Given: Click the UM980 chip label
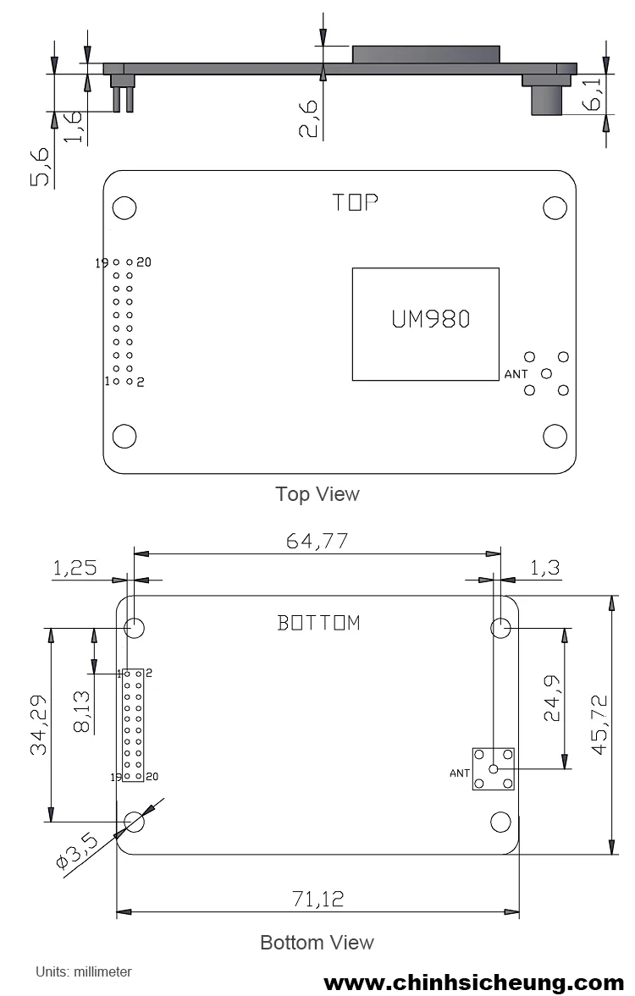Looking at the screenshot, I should [430, 319].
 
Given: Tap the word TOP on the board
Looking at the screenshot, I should [355, 202].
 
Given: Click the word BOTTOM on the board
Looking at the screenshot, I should [319, 623].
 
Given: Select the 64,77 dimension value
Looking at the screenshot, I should [317, 541].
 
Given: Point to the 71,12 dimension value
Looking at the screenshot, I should [317, 899].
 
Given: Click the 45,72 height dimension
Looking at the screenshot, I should [599, 724].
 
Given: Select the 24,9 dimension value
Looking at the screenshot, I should [552, 697].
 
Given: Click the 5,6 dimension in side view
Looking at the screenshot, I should [41, 165].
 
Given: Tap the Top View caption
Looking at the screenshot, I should [317, 493].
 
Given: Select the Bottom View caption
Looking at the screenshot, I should [317, 942].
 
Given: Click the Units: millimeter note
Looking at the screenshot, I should [83, 971].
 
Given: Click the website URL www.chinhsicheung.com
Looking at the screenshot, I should [473, 982].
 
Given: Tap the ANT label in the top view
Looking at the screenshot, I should [516, 373].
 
